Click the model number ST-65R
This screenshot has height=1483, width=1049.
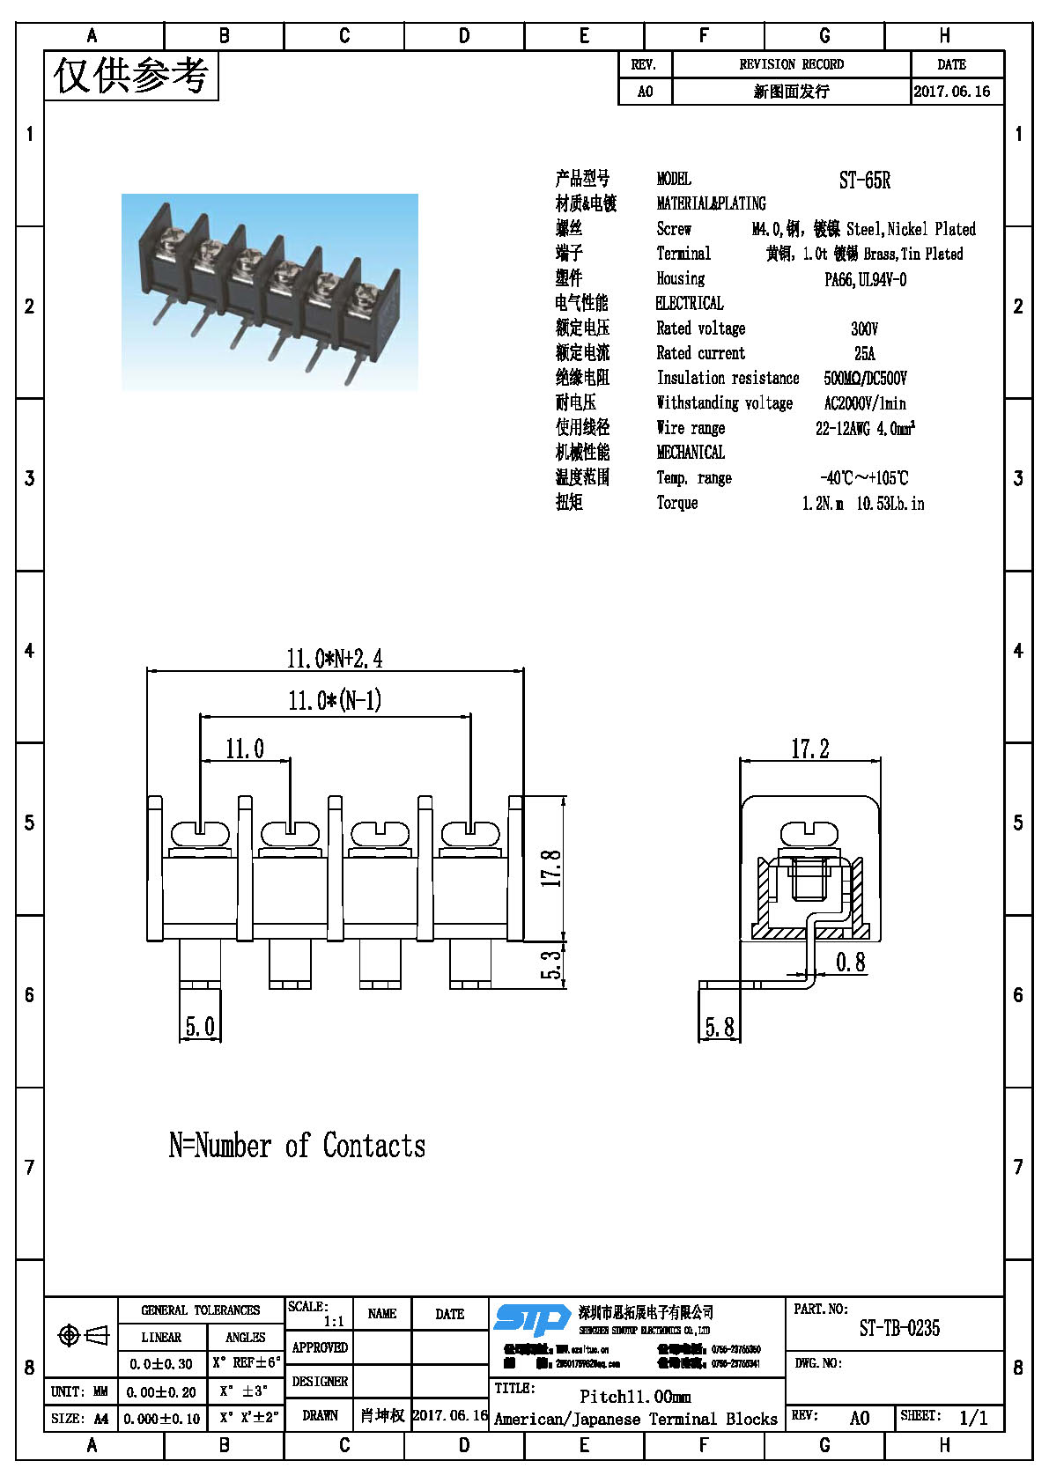[864, 181]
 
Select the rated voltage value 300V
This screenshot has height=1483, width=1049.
[864, 328]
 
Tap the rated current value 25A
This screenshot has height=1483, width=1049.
[864, 353]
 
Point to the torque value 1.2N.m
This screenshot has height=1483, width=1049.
[822, 504]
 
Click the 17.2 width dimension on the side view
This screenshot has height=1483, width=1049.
[809, 749]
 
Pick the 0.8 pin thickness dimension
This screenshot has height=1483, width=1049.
[850, 962]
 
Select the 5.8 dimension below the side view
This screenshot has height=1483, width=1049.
[719, 1027]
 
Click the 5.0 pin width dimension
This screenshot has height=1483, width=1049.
[199, 1027]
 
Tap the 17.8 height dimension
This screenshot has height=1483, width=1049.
[550, 867]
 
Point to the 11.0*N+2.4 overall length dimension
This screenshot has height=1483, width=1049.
[334, 658]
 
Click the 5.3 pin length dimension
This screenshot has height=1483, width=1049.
[550, 965]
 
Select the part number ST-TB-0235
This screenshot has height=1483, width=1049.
[898, 1328]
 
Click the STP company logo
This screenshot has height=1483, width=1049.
[531, 1319]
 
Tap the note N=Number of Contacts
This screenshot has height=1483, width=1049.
[297, 1146]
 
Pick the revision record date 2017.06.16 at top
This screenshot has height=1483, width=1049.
[951, 91]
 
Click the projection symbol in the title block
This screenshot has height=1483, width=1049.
[82, 1336]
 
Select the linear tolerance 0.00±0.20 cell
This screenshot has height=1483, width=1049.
[161, 1392]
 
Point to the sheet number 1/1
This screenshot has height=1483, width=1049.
[973, 1418]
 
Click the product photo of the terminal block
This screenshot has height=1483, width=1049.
[270, 291]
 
